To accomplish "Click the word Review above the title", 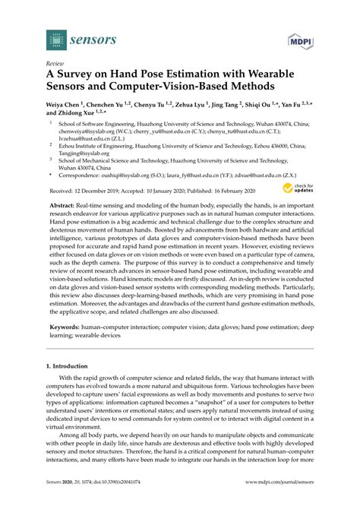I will tap(55, 65).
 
